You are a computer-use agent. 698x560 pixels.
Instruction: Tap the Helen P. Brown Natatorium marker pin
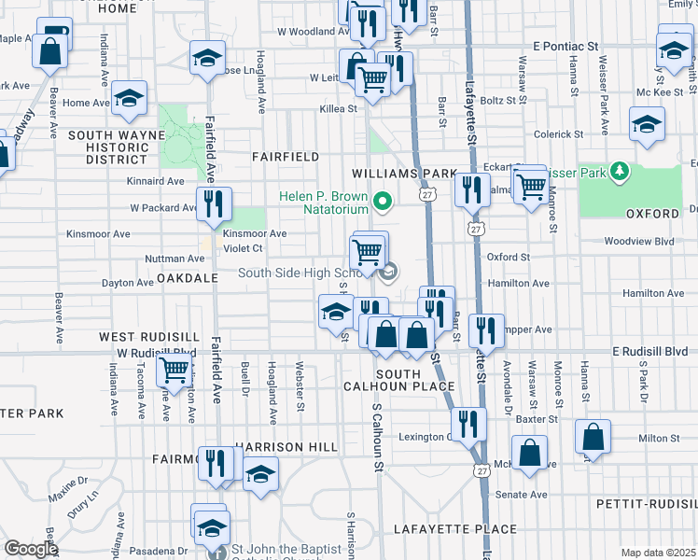382,200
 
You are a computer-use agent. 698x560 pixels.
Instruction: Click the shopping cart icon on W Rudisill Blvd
174,371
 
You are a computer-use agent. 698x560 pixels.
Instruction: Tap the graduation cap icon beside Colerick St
647,124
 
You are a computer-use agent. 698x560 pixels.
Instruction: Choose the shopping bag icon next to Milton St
593,436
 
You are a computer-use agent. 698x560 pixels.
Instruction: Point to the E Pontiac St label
565,46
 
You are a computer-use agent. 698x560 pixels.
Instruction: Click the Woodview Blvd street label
638,241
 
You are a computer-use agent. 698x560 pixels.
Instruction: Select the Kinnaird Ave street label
157,181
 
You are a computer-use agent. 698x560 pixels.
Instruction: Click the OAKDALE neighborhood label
187,278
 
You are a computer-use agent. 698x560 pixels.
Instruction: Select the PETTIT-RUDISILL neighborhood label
647,504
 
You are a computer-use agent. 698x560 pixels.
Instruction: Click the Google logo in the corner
31,549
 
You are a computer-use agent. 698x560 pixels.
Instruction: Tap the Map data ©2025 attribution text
657,553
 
